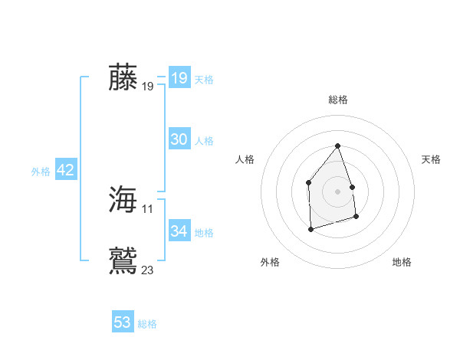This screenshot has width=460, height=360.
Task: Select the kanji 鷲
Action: [123, 260]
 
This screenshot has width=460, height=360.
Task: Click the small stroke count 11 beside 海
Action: [148, 208]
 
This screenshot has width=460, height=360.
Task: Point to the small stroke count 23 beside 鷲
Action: [148, 270]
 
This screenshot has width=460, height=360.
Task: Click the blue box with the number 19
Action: [179, 78]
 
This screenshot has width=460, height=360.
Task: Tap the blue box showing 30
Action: [179, 139]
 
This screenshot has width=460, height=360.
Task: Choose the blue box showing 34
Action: [179, 231]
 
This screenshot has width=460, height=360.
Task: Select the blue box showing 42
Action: [65, 170]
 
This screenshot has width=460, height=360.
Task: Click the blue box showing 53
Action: [123, 322]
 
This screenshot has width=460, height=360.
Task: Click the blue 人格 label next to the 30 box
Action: [204, 141]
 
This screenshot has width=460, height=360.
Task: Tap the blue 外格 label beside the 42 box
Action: [41, 172]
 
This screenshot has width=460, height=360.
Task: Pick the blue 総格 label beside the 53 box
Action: [147, 324]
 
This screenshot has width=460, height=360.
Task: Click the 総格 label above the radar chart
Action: [338, 100]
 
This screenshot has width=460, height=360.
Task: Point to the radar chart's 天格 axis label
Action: [432, 159]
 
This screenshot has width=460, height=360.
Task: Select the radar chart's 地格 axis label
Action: [402, 262]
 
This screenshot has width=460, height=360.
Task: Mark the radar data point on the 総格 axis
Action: [338, 146]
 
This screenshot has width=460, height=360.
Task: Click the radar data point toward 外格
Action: [310, 229]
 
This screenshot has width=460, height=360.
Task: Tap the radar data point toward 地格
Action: [356, 217]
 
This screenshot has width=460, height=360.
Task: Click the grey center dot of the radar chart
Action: [338, 191]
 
